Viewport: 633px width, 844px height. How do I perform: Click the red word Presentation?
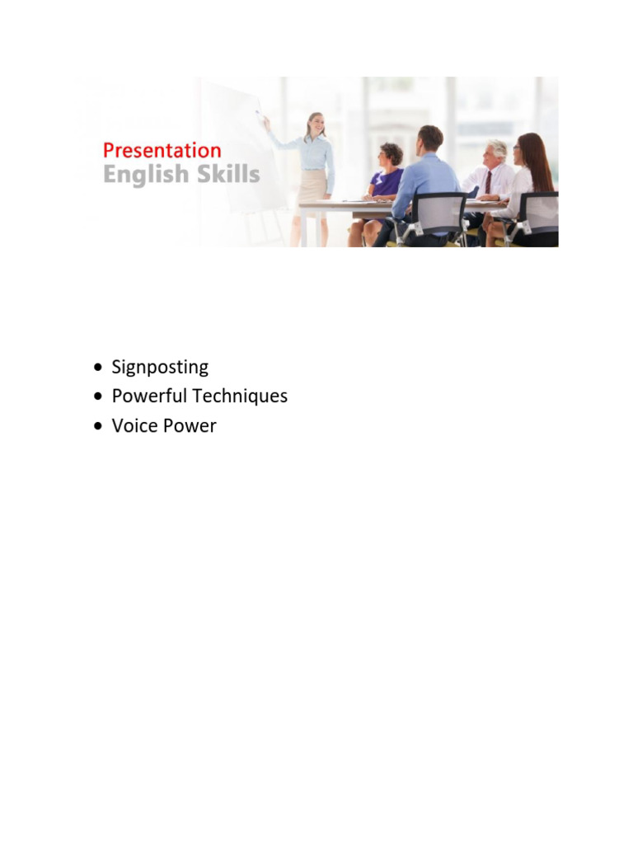tap(162, 151)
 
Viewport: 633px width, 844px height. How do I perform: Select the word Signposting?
tap(160, 368)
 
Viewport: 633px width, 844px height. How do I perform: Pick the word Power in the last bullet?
tap(191, 426)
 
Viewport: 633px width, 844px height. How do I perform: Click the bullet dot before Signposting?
tap(100, 368)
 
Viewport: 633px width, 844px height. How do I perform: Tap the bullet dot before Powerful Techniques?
tap(100, 396)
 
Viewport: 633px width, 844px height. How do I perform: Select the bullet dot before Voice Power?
tap(100, 426)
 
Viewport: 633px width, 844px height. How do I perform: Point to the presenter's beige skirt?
tap(313, 186)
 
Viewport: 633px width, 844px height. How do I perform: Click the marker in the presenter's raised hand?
tap(260, 113)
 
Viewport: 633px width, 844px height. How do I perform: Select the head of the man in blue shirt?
tap(429, 138)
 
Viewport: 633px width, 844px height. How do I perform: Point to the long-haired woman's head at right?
tap(532, 150)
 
